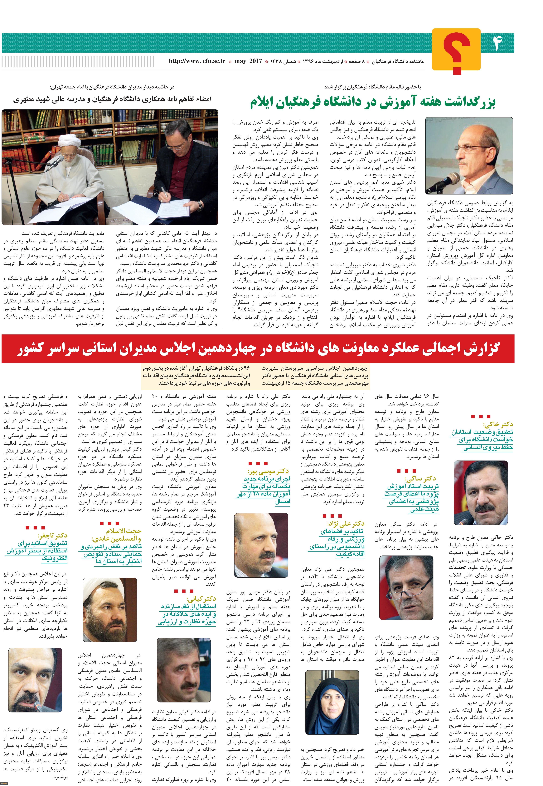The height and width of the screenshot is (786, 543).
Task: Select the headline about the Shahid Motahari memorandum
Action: pos(112,99)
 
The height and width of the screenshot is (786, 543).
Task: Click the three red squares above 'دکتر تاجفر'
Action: pos(35,528)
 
